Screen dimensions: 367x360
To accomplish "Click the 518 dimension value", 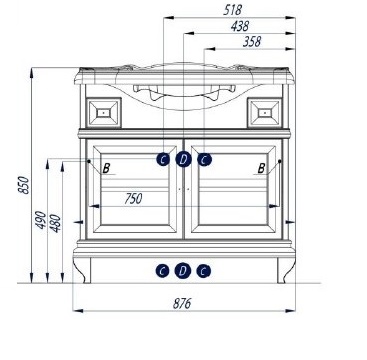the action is coord(232,10).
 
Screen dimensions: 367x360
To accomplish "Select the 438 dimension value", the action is coord(240,26).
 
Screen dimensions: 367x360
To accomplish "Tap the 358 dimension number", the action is coord(252,42).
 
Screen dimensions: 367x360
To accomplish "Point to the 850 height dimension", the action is coord(24,185).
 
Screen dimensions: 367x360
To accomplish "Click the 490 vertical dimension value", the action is coord(41,220).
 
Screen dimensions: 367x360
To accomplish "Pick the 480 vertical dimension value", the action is coord(56,223).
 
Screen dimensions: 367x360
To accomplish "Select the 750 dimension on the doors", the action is coord(133,199).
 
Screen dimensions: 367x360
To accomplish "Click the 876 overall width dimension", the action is coord(182,303).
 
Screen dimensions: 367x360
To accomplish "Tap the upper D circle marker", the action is coord(183,159).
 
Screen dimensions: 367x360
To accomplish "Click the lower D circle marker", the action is coord(183,271).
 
